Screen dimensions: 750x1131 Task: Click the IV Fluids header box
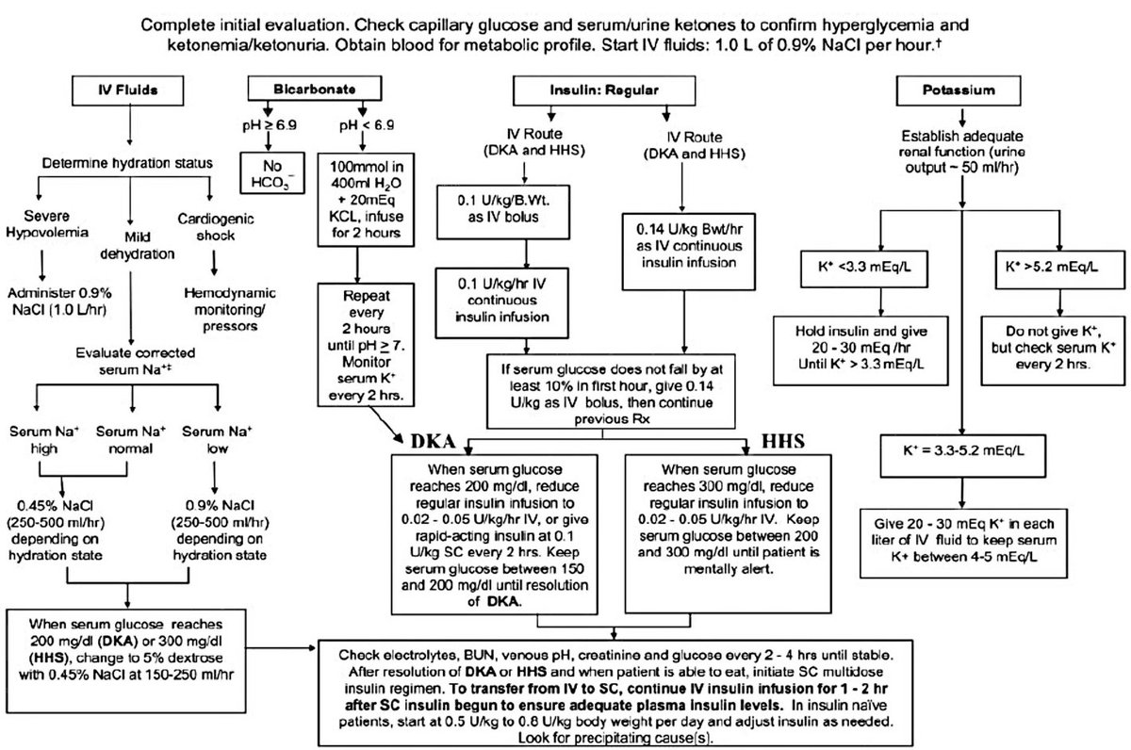(126, 90)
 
